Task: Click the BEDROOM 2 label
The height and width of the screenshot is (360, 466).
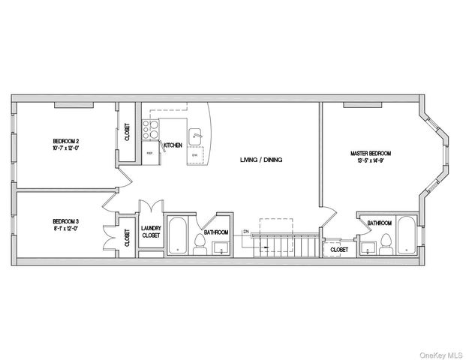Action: [66, 141]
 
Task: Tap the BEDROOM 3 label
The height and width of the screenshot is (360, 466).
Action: [66, 220]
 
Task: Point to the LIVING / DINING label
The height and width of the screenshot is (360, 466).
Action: [260, 160]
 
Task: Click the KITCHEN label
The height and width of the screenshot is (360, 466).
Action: [173, 145]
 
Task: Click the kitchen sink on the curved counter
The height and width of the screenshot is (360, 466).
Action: [197, 136]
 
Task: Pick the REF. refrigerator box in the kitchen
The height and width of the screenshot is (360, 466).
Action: [150, 152]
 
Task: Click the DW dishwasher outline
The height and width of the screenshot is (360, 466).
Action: [195, 155]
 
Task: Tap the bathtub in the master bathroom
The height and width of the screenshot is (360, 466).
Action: [405, 235]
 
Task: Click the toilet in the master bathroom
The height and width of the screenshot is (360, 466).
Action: [386, 241]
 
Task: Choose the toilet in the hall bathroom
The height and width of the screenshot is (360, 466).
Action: [200, 243]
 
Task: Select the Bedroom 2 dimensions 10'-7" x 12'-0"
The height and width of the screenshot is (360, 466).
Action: [66, 148]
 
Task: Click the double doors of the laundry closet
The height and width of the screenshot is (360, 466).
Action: [151, 207]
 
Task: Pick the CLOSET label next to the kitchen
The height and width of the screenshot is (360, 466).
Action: [127, 133]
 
